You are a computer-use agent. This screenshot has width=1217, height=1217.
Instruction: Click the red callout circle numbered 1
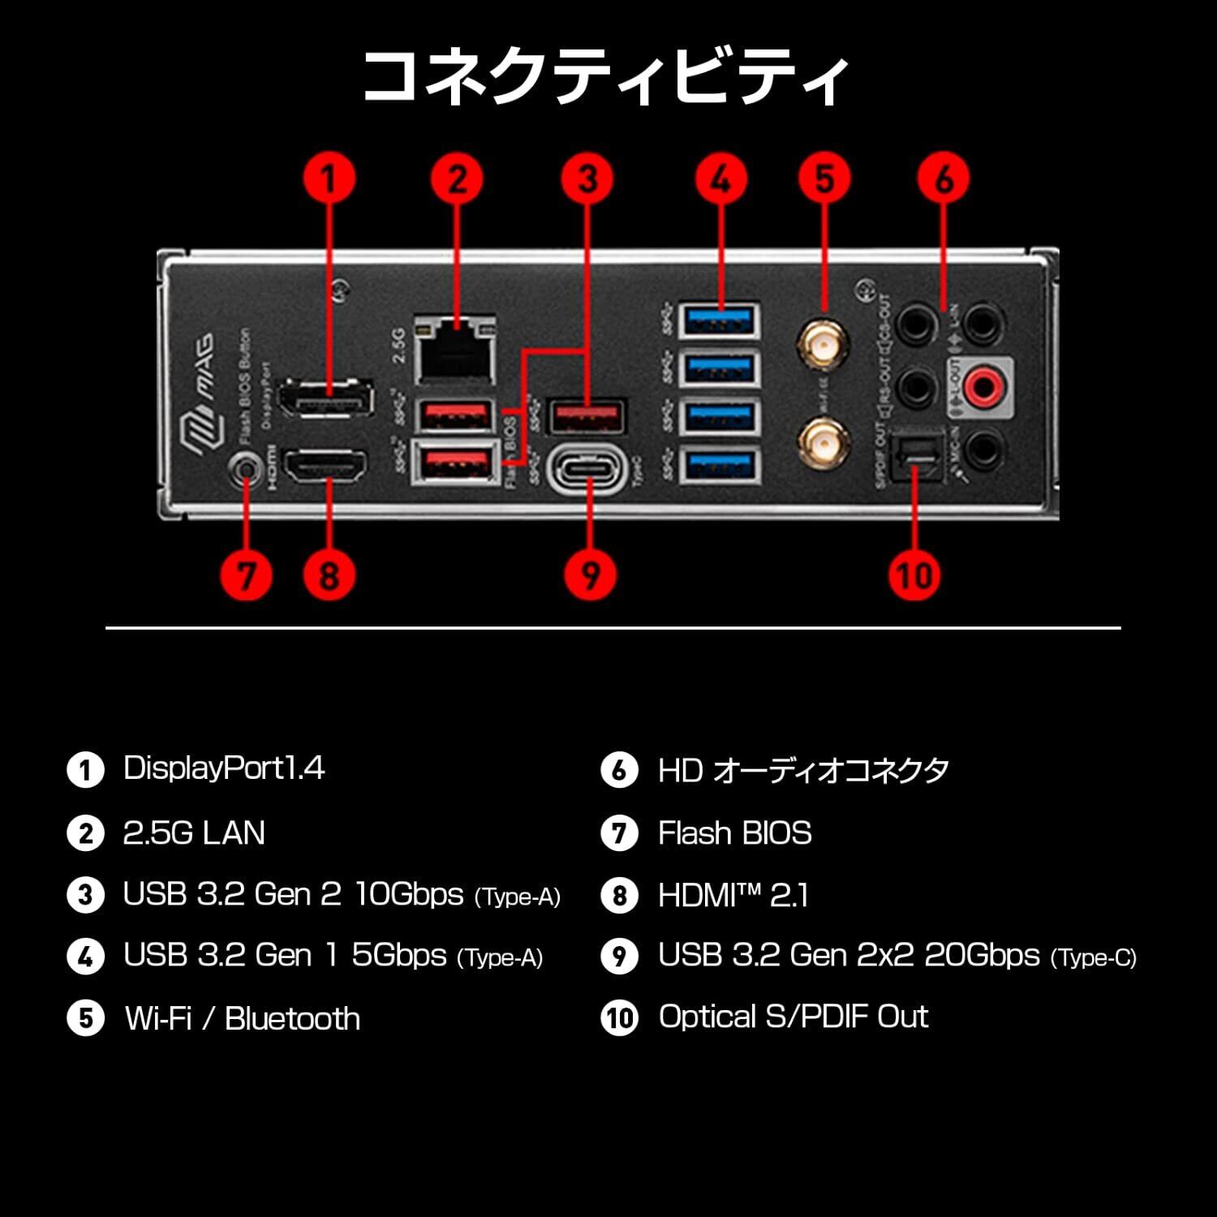coord(328,178)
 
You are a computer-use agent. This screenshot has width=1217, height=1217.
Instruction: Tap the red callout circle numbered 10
coord(914,574)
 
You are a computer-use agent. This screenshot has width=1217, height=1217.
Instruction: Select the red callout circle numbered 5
coord(824,178)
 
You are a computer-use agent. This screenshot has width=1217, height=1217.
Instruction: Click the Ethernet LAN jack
coord(455,350)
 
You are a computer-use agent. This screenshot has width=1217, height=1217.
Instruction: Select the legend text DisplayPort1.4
coord(224,768)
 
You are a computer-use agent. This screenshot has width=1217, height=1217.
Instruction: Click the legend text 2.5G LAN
coord(194,833)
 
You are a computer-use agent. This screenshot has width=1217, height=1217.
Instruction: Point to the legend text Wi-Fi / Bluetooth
coord(242,1018)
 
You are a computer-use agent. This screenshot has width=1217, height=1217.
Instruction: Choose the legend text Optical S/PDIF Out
coord(793,1017)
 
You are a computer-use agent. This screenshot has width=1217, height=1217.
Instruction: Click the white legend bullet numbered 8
coord(620,896)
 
